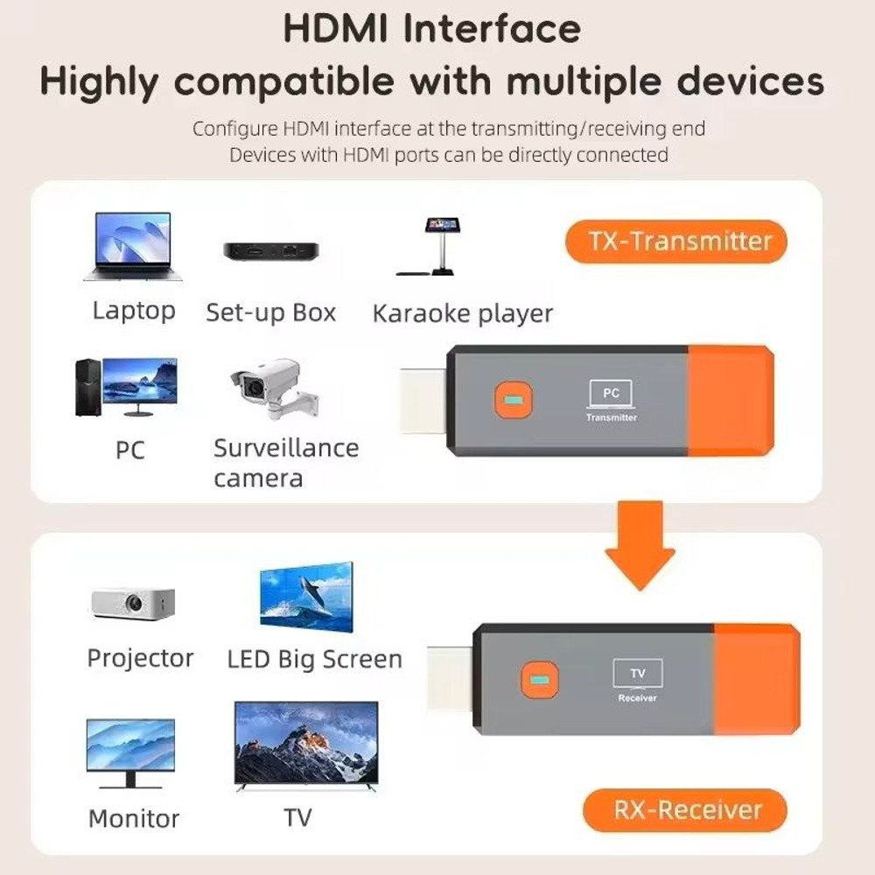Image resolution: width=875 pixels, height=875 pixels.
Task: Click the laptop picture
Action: coord(133,246)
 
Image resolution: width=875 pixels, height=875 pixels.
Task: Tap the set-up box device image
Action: coord(271,251)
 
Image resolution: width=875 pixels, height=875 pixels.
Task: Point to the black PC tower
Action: coord(88,388)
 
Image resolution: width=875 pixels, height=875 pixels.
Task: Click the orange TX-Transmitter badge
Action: coord(675,241)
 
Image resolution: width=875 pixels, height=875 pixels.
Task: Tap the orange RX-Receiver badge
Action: coord(685,809)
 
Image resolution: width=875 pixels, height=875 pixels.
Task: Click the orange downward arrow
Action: coord(640,545)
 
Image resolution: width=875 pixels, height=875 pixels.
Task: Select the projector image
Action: coord(133,603)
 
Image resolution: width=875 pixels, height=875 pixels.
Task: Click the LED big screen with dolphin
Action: coord(306,597)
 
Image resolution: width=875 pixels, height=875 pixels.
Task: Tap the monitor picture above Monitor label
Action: coord(130,753)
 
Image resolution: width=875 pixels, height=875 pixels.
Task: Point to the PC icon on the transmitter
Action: coord(611,395)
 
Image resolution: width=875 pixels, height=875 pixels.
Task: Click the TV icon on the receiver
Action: coord(638,674)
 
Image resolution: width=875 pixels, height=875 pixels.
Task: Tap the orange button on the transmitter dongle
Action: coord(514,400)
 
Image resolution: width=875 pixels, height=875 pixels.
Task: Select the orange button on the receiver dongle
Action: coord(539,680)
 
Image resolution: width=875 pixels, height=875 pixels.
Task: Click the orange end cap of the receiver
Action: coord(757,679)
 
